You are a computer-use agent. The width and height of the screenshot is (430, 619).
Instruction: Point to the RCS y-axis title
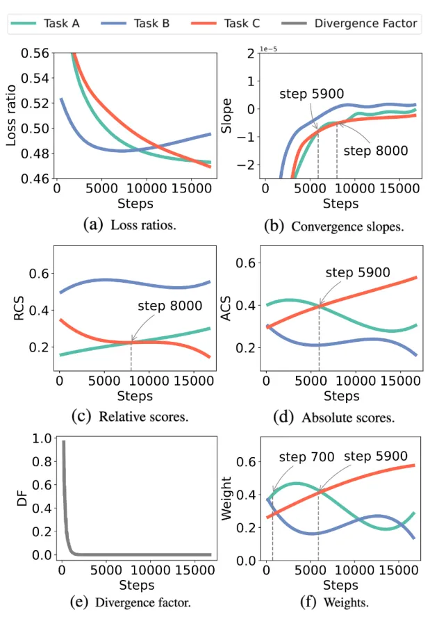tap(19, 318)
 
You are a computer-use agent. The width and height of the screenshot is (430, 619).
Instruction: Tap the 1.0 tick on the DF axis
tap(42, 439)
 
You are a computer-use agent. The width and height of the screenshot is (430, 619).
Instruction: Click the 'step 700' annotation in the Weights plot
tap(306, 456)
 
